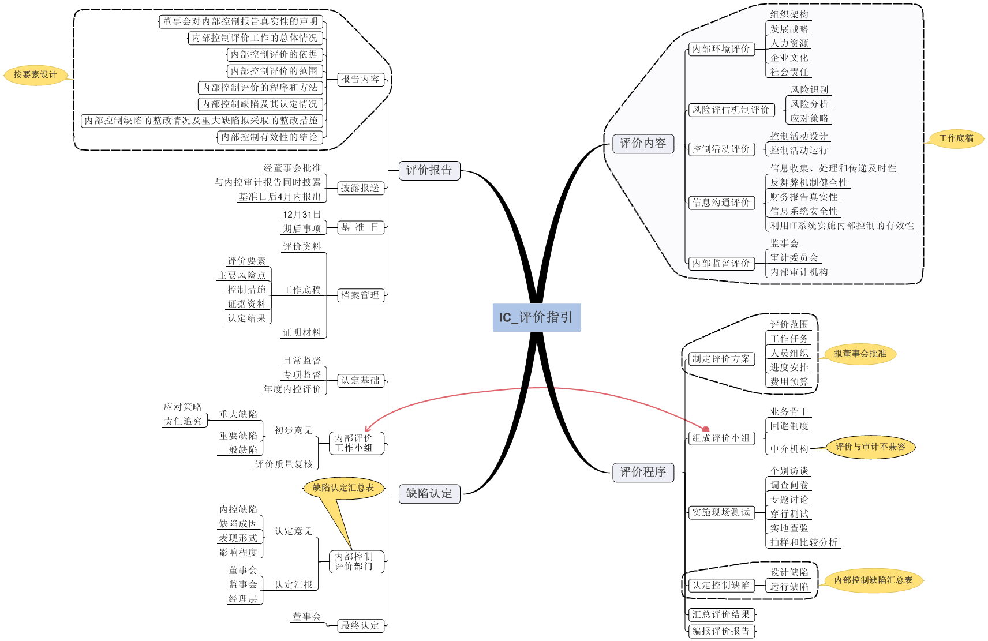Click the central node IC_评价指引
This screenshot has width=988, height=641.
[536, 317]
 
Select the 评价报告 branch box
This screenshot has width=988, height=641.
[429, 170]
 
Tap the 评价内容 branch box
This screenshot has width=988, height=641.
[643, 143]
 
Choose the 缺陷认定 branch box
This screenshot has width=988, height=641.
[429, 493]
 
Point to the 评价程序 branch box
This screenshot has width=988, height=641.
[643, 472]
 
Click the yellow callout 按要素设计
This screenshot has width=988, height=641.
[35, 74]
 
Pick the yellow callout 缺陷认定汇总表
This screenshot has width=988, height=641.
[343, 488]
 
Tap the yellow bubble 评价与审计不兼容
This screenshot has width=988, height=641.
[870, 447]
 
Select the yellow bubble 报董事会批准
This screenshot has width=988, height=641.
[860, 354]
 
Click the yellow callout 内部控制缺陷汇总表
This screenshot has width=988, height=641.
[873, 580]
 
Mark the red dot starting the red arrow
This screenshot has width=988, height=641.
[705, 429]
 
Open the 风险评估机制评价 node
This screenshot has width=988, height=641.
[731, 110]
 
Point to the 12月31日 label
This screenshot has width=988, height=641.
[301, 215]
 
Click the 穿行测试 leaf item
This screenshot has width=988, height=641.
[789, 513]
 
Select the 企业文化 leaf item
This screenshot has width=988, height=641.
[789, 58]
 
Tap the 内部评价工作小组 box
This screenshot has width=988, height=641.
[356, 443]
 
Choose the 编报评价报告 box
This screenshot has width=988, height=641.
[721, 631]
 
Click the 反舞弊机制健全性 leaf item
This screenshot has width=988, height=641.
[809, 182]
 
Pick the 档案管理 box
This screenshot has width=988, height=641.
[360, 295]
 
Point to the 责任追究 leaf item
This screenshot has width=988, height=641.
[184, 421]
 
